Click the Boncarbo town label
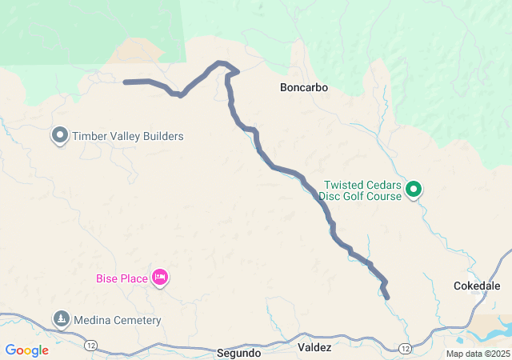304,86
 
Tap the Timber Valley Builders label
128,136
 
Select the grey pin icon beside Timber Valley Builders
60,135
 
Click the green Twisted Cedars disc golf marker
414,190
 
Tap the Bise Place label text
122,278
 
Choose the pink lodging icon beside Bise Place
160,278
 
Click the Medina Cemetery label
118,321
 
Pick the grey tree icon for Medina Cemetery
62,320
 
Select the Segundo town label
238,352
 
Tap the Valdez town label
314,347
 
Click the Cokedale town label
477,286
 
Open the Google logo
26,350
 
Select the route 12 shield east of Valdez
406,349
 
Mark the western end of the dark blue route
126,82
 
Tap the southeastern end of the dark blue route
387,297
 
